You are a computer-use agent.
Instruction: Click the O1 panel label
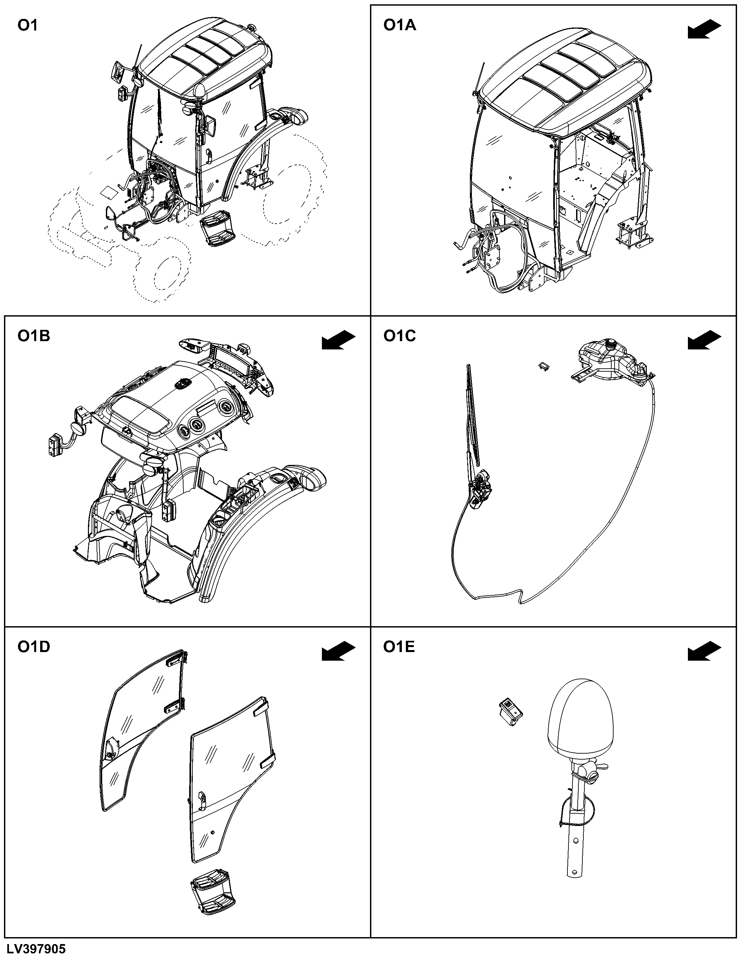click(27, 26)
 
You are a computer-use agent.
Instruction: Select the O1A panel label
click(400, 26)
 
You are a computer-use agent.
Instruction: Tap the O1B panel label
click(34, 336)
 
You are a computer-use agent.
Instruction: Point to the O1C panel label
click(400, 336)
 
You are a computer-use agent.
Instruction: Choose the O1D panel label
click(34, 647)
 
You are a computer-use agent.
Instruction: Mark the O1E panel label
click(399, 647)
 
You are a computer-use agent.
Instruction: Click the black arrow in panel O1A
click(704, 30)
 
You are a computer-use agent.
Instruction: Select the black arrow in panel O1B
click(338, 340)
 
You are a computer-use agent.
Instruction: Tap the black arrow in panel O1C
click(704, 340)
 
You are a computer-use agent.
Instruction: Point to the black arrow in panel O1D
click(338, 651)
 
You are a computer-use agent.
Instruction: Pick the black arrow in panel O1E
click(704, 651)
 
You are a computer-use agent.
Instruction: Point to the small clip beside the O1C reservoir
click(544, 366)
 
